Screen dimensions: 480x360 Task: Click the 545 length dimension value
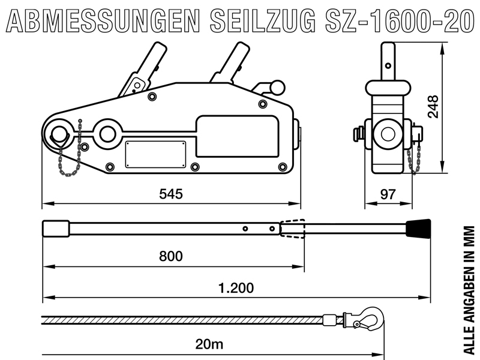(x=171, y=194)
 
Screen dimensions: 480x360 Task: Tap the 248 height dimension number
(x=433, y=107)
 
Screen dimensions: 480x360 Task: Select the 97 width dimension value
(x=388, y=194)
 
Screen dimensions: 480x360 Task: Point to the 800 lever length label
(x=171, y=256)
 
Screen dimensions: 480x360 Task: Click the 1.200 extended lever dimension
(x=236, y=288)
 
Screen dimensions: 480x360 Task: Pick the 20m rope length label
(x=209, y=344)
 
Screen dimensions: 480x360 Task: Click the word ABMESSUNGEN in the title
(x=103, y=21)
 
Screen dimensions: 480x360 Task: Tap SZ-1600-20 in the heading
(x=400, y=21)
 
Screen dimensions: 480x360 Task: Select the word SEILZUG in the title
(x=263, y=21)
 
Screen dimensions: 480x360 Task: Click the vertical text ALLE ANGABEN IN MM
(x=469, y=290)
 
